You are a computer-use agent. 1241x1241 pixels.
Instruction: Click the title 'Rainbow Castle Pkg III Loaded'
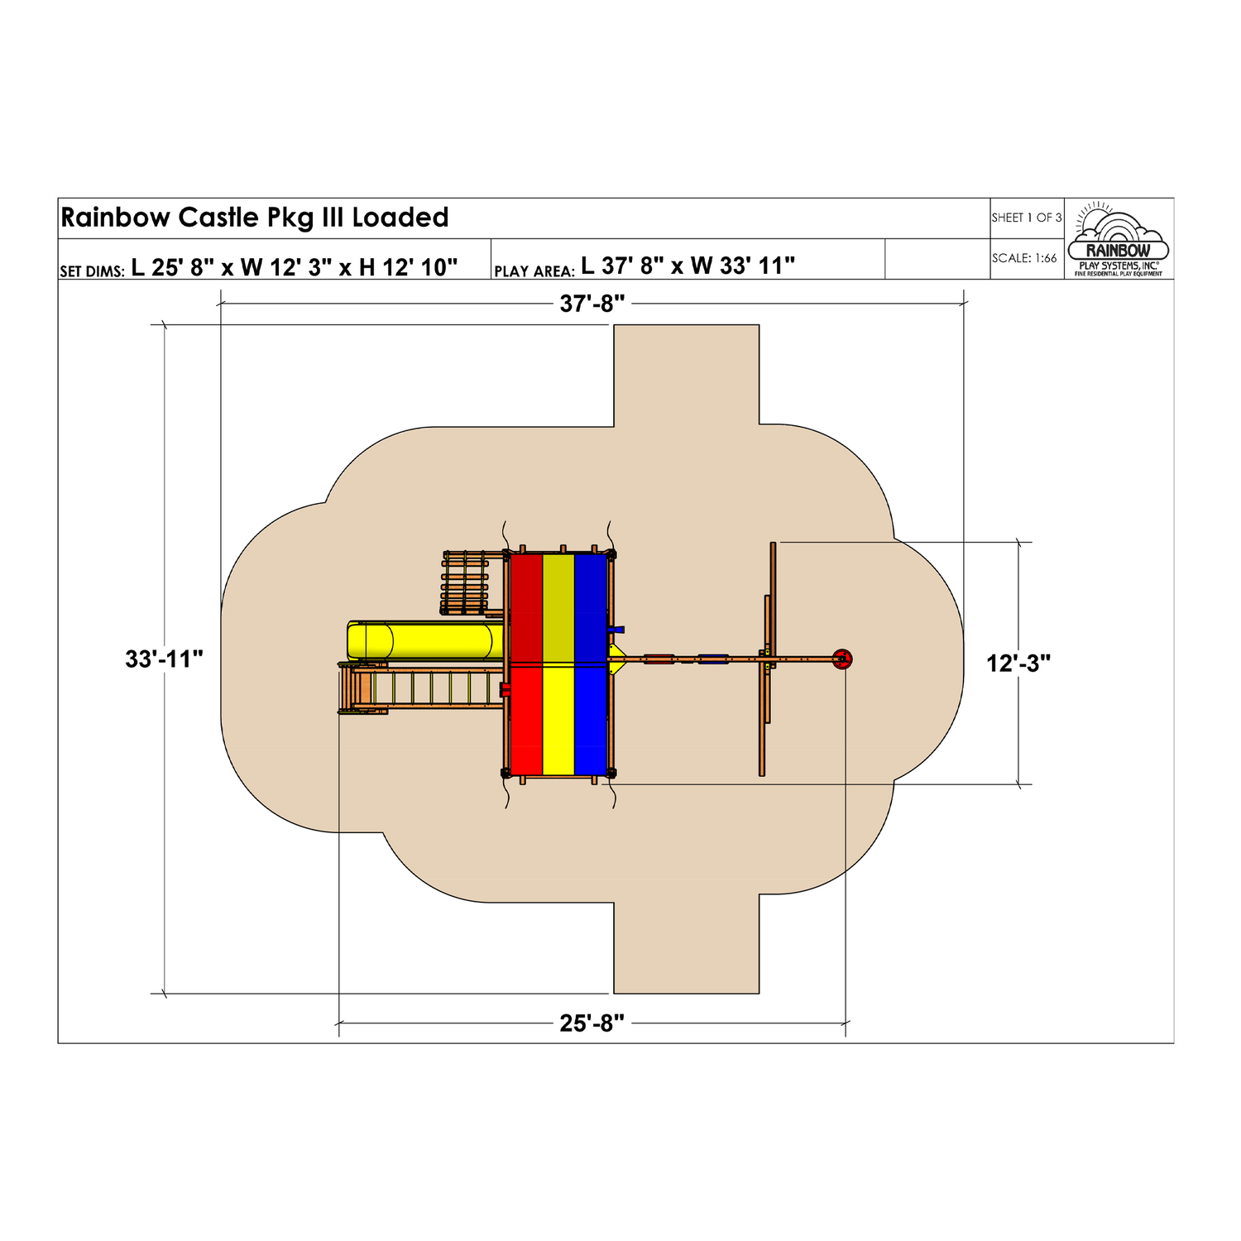click(x=255, y=218)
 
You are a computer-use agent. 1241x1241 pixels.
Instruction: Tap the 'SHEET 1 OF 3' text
click(x=1027, y=218)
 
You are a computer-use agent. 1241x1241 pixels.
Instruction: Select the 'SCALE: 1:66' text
click(x=1024, y=258)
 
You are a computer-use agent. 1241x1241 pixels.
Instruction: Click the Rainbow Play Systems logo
click(x=1119, y=239)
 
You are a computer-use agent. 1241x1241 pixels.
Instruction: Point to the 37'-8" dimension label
click(x=592, y=304)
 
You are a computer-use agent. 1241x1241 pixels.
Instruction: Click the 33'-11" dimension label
click(x=164, y=659)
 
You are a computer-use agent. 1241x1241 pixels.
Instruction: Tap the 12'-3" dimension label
click(x=1018, y=664)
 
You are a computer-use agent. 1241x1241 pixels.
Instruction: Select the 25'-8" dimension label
click(x=592, y=1023)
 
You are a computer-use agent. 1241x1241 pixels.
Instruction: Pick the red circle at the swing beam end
click(x=841, y=659)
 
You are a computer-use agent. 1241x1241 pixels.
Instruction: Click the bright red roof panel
click(x=526, y=719)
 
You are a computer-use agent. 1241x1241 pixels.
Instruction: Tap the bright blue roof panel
click(x=591, y=719)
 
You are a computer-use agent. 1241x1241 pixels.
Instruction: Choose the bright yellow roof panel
click(x=558, y=719)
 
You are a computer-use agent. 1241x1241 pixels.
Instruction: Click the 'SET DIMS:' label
click(x=92, y=271)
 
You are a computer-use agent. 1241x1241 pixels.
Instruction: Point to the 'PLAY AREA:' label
click(x=534, y=271)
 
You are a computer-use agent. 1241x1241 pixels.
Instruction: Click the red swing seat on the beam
click(x=659, y=659)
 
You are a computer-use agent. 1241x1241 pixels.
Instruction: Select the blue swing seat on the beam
click(x=713, y=659)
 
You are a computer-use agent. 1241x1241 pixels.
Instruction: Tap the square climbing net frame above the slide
click(x=465, y=582)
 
